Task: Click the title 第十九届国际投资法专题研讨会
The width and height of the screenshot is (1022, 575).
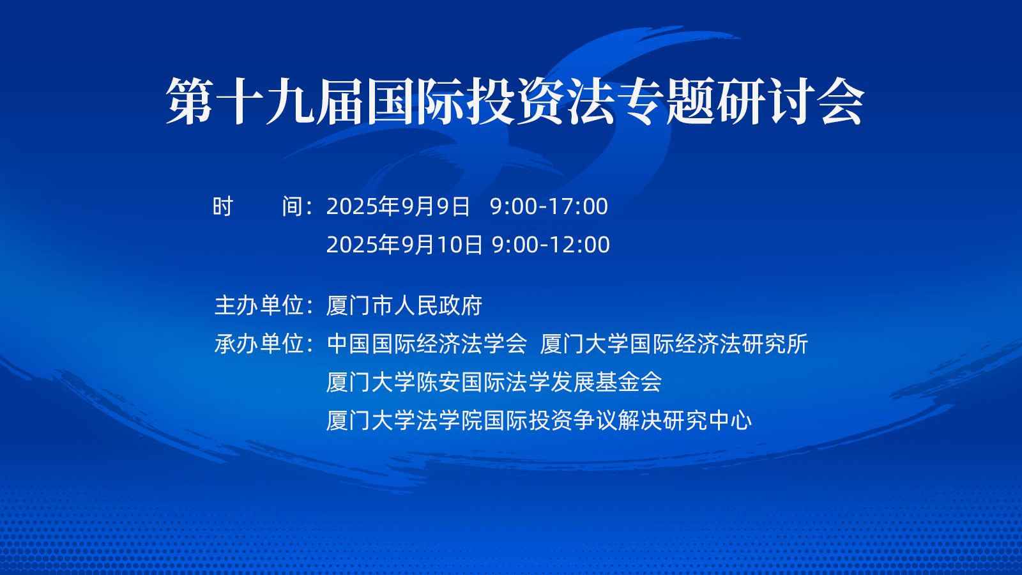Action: click(x=515, y=102)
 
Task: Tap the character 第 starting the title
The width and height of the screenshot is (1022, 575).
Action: click(x=190, y=102)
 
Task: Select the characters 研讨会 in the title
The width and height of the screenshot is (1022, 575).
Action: click(x=790, y=102)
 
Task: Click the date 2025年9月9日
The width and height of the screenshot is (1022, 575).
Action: click(x=398, y=206)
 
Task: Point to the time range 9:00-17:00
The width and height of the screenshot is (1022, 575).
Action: click(x=549, y=206)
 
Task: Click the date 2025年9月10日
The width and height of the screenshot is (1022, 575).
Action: click(x=404, y=245)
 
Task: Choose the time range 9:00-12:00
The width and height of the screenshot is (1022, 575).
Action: click(x=551, y=245)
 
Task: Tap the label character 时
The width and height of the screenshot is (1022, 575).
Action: click(x=223, y=206)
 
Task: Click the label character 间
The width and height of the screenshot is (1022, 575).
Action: click(x=293, y=206)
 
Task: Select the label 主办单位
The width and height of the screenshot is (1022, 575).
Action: click(x=259, y=305)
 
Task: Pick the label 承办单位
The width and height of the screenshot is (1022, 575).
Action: click(x=259, y=344)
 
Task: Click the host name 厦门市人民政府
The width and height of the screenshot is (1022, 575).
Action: click(x=404, y=305)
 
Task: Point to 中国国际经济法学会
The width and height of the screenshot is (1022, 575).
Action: click(x=427, y=344)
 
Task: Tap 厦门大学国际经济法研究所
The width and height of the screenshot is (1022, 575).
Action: click(x=674, y=344)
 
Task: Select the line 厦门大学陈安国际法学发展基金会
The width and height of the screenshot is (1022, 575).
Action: click(x=494, y=382)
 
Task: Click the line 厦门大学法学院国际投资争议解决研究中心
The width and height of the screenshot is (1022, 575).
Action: click(x=539, y=420)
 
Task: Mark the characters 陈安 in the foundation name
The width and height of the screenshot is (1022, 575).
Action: click(x=438, y=382)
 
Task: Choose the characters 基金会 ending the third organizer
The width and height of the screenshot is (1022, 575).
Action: click(x=629, y=382)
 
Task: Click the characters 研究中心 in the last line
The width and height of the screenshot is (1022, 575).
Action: click(x=707, y=420)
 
